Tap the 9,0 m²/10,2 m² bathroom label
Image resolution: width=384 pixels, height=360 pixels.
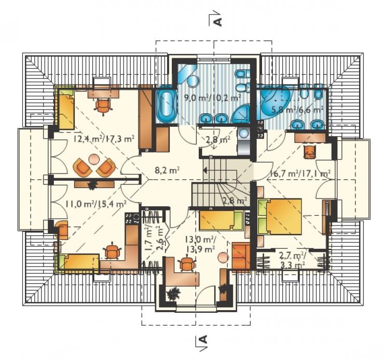212,97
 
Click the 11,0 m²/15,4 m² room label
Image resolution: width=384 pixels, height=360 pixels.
96,204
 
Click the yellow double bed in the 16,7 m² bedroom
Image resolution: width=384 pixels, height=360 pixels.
279,216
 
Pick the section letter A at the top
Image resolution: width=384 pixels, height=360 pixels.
218,22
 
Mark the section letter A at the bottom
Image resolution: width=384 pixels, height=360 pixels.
203,339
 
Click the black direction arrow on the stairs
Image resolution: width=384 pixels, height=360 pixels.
205,170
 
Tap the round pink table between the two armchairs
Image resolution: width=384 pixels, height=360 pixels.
94,158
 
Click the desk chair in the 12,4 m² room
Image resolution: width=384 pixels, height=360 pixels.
103,105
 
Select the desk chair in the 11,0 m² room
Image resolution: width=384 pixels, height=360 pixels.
112,250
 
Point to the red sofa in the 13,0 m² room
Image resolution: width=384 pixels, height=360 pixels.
241,256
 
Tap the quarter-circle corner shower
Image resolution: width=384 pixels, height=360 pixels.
242,115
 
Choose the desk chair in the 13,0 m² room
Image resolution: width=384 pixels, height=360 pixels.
188,263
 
